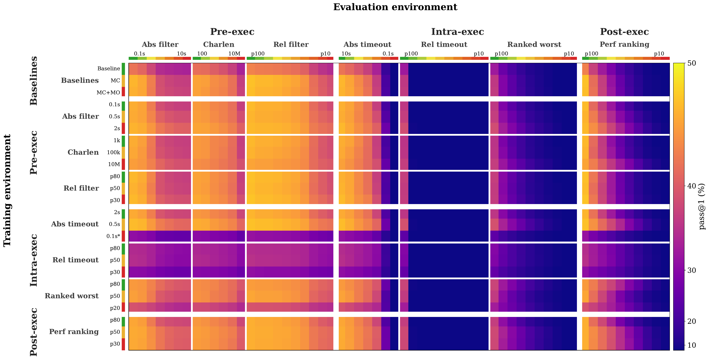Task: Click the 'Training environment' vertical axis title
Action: point(7,190)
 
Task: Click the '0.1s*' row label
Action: point(113,236)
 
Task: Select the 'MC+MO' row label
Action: point(108,92)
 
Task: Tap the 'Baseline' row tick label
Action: point(109,69)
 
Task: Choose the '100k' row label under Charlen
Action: point(113,152)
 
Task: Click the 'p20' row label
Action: point(115,308)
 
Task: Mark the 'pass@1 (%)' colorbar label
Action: point(702,206)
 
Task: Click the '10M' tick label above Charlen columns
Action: point(234,54)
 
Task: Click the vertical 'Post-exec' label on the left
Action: point(34,332)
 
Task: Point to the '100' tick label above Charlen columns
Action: point(202,54)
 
